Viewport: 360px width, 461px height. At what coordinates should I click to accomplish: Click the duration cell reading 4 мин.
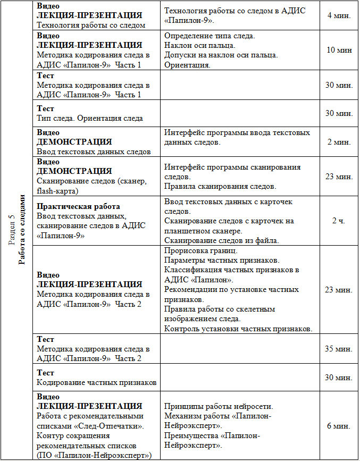[x=339, y=16]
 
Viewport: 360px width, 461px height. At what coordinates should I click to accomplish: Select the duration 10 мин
[x=339, y=50]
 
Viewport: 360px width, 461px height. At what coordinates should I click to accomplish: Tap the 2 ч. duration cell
[x=339, y=221]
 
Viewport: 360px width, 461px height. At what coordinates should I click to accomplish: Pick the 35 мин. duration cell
[x=339, y=349]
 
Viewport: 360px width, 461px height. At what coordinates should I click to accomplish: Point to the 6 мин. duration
[x=339, y=426]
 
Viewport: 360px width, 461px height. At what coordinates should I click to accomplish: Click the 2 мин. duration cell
[x=339, y=142]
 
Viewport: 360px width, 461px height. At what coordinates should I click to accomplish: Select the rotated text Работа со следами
[x=22, y=229]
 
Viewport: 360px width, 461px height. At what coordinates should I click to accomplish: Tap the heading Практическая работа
[x=78, y=206]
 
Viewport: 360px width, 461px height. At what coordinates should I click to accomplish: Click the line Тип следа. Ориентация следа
[x=89, y=118]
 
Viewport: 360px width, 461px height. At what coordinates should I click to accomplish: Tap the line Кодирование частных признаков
[x=96, y=382]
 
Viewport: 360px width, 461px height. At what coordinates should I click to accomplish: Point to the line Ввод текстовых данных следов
[x=94, y=152]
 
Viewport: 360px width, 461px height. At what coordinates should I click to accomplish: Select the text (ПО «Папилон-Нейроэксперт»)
[x=94, y=455]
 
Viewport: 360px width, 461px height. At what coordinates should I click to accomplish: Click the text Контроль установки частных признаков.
[x=238, y=329]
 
